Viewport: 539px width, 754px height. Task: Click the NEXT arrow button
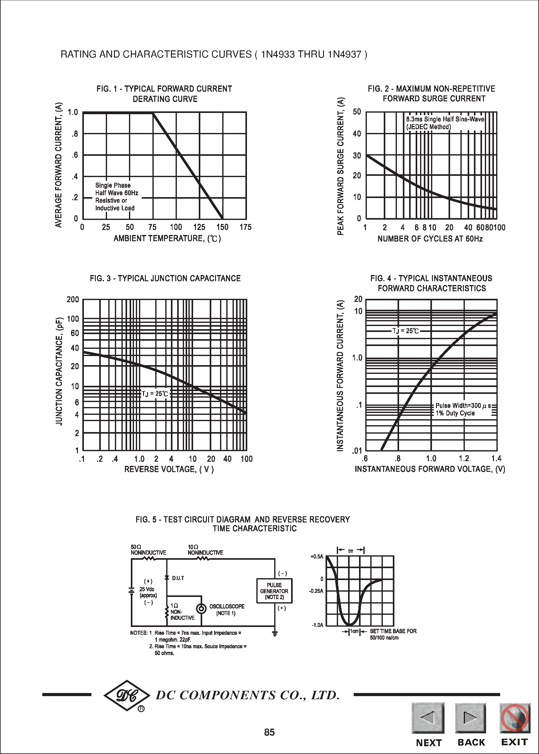pyautogui.click(x=428, y=718)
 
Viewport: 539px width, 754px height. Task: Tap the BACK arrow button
pyautogui.click(x=470, y=718)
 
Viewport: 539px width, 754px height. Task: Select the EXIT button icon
pyautogui.click(x=515, y=718)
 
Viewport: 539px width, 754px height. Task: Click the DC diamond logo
pyautogui.click(x=127, y=695)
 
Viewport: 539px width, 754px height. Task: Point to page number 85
pyautogui.click(x=269, y=732)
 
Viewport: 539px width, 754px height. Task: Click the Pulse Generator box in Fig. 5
pyautogui.click(x=274, y=591)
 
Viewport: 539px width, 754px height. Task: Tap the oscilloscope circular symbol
pyautogui.click(x=201, y=609)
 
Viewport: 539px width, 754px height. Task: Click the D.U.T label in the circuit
pyautogui.click(x=178, y=578)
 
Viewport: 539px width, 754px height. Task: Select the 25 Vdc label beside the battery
pyautogui.click(x=147, y=589)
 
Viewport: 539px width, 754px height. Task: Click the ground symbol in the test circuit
pyautogui.click(x=275, y=634)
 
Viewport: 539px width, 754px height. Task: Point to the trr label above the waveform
pyautogui.click(x=351, y=551)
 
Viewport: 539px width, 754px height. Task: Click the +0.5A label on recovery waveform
pyautogui.click(x=317, y=557)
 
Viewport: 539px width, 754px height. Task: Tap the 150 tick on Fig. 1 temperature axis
pyautogui.click(x=222, y=227)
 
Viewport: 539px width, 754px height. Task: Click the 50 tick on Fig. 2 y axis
pyautogui.click(x=357, y=112)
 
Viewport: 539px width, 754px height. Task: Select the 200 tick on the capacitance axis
pyautogui.click(x=73, y=299)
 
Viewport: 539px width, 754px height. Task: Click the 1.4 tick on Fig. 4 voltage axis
pyautogui.click(x=496, y=458)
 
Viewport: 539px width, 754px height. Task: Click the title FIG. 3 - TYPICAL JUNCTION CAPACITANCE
pyautogui.click(x=165, y=278)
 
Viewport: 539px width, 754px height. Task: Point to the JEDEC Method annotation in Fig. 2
pyautogui.click(x=429, y=127)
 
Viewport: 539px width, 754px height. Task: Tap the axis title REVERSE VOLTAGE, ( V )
pyautogui.click(x=169, y=469)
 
